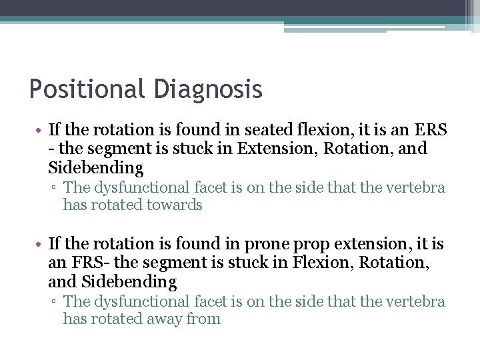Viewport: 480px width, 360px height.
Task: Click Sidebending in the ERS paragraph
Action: (95, 167)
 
